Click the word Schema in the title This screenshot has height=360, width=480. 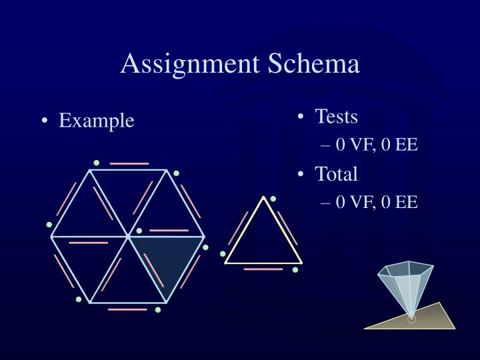click(x=314, y=64)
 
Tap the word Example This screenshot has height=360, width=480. click(x=97, y=121)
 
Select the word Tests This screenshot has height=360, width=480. click(x=336, y=117)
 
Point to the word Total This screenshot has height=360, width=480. click(x=336, y=174)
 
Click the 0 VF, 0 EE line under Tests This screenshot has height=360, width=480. click(x=377, y=144)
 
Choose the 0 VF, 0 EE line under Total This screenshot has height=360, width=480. click(x=377, y=201)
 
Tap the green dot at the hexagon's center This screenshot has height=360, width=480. click(x=139, y=231)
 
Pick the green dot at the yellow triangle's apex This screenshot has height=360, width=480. click(x=273, y=199)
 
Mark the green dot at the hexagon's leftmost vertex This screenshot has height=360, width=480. click(x=49, y=225)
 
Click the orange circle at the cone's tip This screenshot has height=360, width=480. click(x=411, y=319)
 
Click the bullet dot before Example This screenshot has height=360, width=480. click(x=45, y=121)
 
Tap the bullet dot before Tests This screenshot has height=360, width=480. click(x=301, y=117)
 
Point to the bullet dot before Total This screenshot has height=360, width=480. click(x=301, y=175)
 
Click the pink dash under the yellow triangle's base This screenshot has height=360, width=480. click(x=263, y=269)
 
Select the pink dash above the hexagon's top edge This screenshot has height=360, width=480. click(x=129, y=163)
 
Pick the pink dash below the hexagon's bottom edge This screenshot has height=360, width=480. click(x=127, y=309)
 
